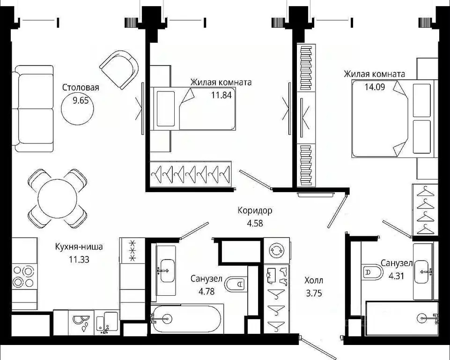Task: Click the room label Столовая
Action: click(81, 87)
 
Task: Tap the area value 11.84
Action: click(221, 93)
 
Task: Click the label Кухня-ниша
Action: click(79, 247)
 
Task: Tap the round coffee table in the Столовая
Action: click(77, 109)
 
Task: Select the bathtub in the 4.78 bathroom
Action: click(187, 320)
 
